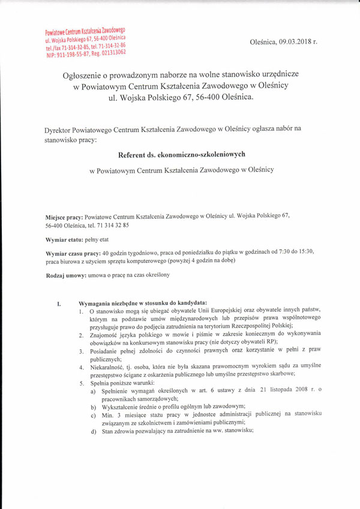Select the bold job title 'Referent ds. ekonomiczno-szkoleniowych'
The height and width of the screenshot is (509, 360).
pos(182,154)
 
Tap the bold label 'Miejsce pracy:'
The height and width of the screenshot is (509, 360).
pos(64,216)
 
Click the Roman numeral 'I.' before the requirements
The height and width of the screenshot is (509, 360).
pos(59,303)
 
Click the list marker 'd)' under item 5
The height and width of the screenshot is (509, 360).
pos(94,430)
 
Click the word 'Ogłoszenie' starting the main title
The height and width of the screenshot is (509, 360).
pos(85,74)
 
